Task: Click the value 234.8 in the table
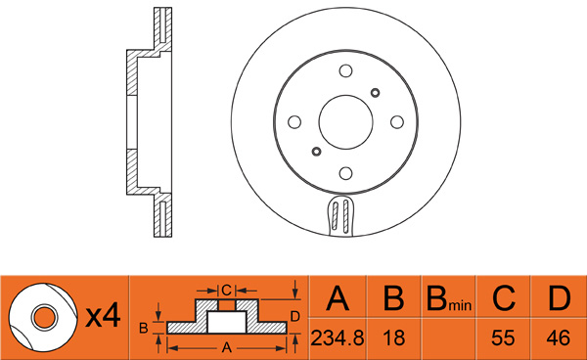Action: tap(338, 337)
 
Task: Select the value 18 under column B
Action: tap(394, 337)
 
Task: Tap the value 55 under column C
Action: tap(503, 337)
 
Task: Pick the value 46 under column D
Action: tap(559, 337)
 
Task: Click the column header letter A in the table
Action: tap(338, 298)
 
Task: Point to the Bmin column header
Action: tap(449, 299)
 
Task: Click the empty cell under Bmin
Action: tap(448, 338)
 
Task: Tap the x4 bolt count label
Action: tap(104, 317)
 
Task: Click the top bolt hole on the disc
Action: tap(345, 70)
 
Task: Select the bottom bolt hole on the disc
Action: tap(345, 173)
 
